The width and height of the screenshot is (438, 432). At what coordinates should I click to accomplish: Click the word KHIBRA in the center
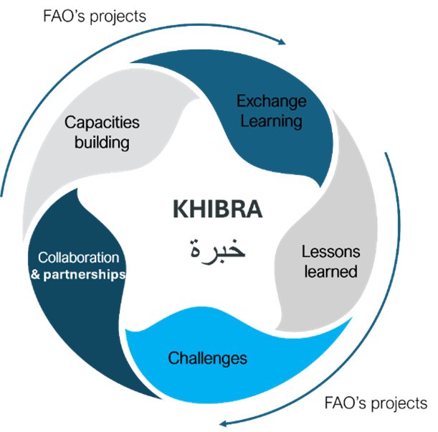click(x=218, y=209)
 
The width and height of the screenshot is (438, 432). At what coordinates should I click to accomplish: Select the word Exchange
click(x=272, y=102)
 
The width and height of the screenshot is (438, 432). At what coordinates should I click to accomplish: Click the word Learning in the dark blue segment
click(x=271, y=121)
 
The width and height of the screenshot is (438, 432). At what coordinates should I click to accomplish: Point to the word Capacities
click(x=102, y=123)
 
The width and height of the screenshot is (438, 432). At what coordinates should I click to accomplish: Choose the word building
click(x=102, y=142)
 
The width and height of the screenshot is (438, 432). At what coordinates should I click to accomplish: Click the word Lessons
click(x=330, y=251)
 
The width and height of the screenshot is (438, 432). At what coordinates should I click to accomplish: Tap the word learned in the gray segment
click(x=330, y=271)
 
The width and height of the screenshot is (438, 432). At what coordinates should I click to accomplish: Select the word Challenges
click(x=208, y=359)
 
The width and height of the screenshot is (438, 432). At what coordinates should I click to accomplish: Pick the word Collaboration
click(x=78, y=258)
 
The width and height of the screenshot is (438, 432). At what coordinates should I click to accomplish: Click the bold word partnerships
click(x=85, y=275)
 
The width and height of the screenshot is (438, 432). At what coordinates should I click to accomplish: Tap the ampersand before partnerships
click(x=35, y=275)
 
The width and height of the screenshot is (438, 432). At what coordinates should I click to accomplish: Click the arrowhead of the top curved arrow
click(x=282, y=42)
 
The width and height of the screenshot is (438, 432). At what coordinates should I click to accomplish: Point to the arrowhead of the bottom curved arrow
click(x=224, y=423)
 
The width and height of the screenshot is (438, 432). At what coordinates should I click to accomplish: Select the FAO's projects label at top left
click(x=95, y=17)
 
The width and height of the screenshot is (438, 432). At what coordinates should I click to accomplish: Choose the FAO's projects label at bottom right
click(x=376, y=403)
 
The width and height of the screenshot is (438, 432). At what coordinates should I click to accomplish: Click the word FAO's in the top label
click(x=64, y=16)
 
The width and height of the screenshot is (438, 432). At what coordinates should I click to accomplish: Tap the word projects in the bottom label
click(x=399, y=404)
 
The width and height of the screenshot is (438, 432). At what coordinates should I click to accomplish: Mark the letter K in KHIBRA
click(x=180, y=209)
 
